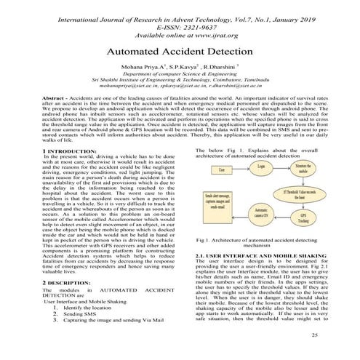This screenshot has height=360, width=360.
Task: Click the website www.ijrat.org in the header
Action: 210,33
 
